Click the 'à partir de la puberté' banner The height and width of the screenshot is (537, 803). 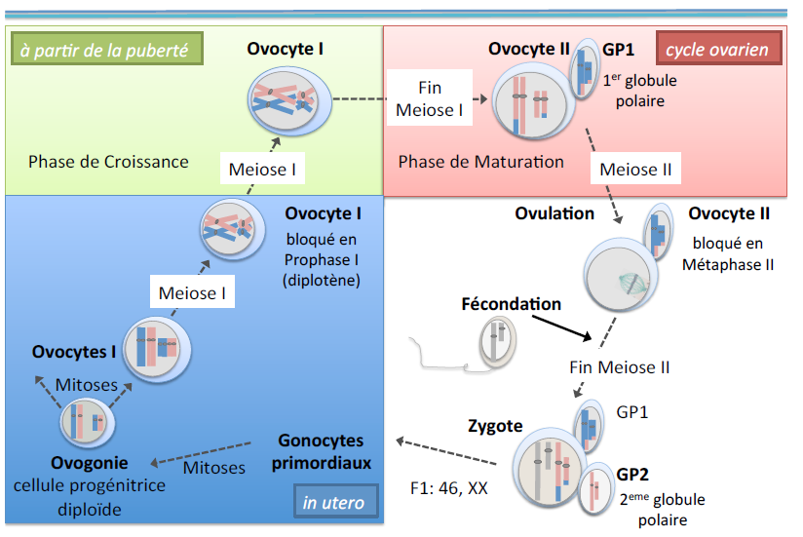(x=104, y=49)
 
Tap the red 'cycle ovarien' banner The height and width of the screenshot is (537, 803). (x=718, y=49)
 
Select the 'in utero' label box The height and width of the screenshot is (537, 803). (x=333, y=503)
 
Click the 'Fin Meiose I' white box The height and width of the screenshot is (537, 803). (x=429, y=98)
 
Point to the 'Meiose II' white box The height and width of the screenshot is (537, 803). (x=635, y=169)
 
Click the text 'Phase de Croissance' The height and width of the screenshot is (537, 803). (x=108, y=162)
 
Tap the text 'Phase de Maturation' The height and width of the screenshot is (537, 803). (x=481, y=162)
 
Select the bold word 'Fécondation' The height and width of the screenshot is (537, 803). (x=511, y=304)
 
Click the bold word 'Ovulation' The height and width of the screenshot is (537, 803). (x=554, y=213)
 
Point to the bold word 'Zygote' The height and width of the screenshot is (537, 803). (x=495, y=426)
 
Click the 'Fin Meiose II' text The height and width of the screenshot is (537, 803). (x=619, y=367)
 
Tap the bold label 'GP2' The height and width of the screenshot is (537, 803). (x=632, y=475)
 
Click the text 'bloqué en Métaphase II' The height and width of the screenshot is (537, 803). (x=728, y=253)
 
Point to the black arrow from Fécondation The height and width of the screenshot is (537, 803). (x=554, y=326)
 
